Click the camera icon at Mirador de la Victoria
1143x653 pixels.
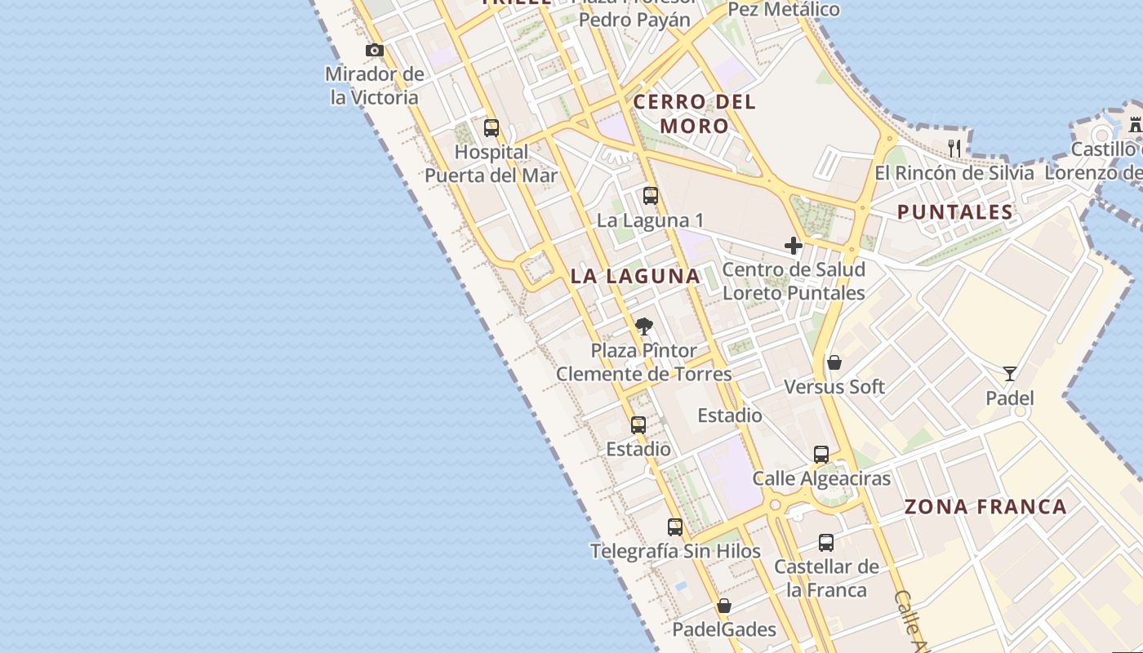[375, 51]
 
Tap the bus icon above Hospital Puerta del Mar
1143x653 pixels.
[491, 128]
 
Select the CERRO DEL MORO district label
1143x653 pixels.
[695, 114]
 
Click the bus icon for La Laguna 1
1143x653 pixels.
[650, 196]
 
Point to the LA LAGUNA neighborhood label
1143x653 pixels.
[635, 276]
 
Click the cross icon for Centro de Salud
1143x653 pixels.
[793, 245]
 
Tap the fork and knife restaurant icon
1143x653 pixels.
[954, 148]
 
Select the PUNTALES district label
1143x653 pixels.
[955, 212]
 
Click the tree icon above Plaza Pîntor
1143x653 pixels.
[644, 326]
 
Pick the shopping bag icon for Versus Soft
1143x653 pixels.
[834, 362]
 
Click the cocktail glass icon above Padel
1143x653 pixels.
[1010, 374]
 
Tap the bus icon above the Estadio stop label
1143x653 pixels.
[638, 425]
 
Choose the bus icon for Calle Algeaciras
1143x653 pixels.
[821, 455]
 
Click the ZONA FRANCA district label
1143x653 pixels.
[985, 507]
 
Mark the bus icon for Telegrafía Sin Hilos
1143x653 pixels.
[675, 527]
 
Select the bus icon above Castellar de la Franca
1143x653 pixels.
[826, 543]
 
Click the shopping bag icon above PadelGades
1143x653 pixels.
[724, 606]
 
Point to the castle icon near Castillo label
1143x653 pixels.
[1135, 125]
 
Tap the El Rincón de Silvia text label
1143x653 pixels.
[954, 173]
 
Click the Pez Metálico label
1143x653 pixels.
[783, 10]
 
